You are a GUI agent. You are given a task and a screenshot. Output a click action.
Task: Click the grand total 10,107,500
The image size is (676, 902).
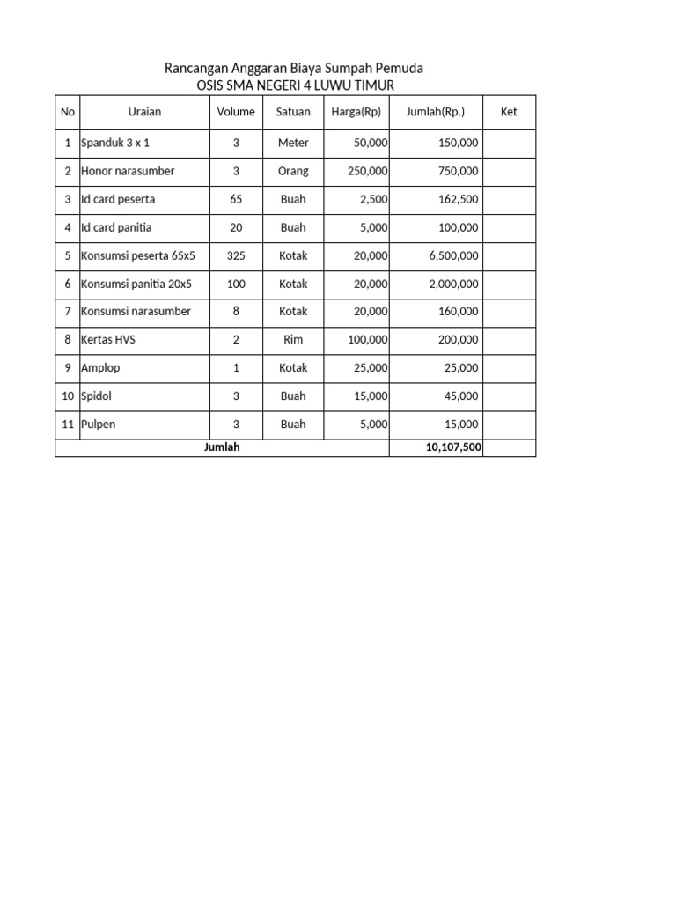[x=453, y=448]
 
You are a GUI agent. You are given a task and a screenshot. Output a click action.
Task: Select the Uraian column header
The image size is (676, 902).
[x=144, y=112]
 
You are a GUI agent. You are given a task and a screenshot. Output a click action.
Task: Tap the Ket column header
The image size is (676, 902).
[x=509, y=112]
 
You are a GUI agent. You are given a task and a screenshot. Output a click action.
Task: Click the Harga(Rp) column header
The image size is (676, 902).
[x=356, y=112]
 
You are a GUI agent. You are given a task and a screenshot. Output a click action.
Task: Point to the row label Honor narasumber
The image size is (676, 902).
[x=128, y=171]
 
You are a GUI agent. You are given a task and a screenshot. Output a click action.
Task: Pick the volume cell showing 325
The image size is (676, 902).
[x=236, y=255]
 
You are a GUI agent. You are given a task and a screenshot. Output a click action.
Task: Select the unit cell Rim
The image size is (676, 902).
[x=293, y=340]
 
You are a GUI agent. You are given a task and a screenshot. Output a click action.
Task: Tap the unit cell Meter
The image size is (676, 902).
[x=293, y=143]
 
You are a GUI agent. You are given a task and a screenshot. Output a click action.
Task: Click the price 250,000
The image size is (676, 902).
[x=368, y=171]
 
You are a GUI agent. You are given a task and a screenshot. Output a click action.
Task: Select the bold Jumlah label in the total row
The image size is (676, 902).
[x=222, y=447]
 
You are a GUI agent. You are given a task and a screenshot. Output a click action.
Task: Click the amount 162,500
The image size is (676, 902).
[x=459, y=199]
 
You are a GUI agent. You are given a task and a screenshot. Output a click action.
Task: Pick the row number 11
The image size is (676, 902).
[x=68, y=425]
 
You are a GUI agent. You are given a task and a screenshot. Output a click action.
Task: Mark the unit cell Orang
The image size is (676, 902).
[x=293, y=171]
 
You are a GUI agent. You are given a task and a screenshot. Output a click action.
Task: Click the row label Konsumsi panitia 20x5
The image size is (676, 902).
[x=137, y=284]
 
